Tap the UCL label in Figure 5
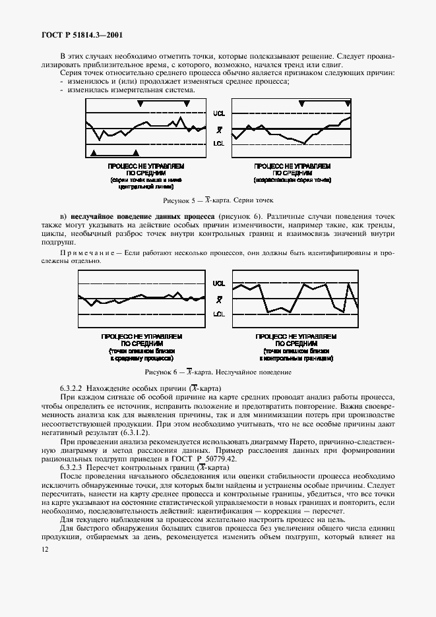click(218, 113)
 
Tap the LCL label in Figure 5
click(218, 143)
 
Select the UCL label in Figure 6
click(218, 283)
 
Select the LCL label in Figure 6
click(218, 314)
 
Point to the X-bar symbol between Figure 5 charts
click(219, 129)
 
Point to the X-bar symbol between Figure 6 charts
click(219, 299)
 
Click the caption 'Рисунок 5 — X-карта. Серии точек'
click(218, 200)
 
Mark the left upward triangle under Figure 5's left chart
click(94, 152)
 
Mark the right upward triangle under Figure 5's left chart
click(135, 152)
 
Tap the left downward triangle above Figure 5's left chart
click(140, 103)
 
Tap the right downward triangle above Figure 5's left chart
click(187, 103)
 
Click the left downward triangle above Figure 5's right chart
click(301, 103)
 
